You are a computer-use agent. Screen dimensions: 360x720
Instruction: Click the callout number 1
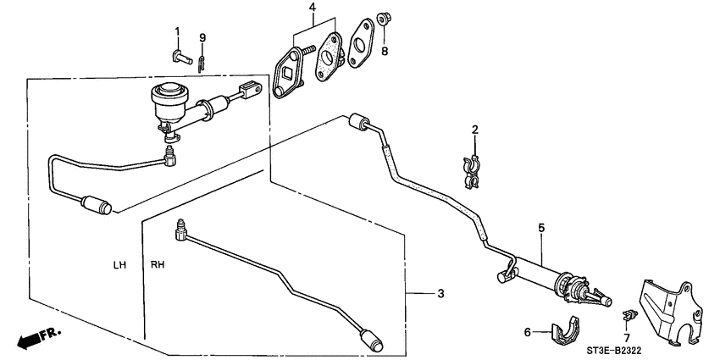click(178, 31)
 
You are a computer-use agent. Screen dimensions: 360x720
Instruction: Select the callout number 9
click(202, 37)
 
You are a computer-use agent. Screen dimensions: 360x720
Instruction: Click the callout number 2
click(475, 130)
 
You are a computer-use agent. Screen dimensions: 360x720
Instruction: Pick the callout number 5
click(540, 227)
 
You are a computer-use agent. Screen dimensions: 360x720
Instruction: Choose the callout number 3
click(440, 294)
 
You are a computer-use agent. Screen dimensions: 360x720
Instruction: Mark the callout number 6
click(526, 333)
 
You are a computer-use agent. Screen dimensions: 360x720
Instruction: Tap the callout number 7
click(626, 338)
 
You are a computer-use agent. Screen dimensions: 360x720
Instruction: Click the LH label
click(119, 265)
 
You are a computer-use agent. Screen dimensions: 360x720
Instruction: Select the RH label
click(158, 265)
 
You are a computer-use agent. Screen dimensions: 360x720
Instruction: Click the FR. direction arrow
click(39, 337)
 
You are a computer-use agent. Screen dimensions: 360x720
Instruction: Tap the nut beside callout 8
click(382, 17)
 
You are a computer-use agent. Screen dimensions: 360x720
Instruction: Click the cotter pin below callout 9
click(202, 62)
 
